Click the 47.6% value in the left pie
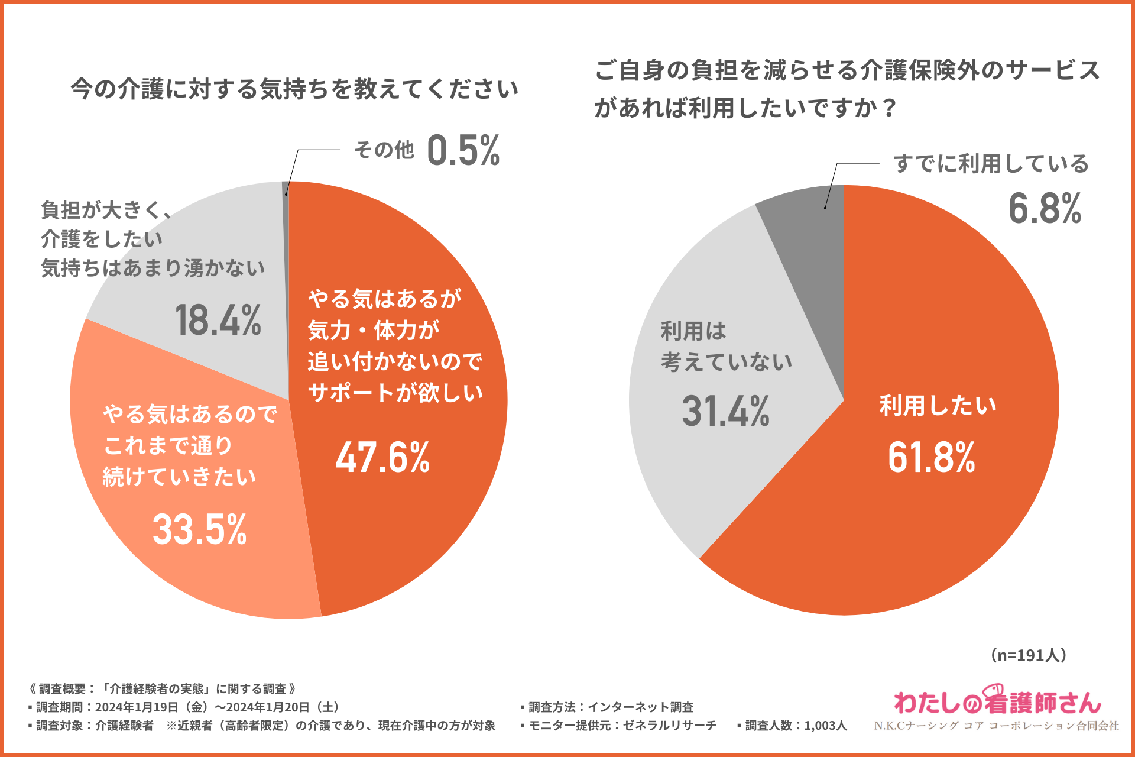pos(382,457)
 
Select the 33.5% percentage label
pos(200,529)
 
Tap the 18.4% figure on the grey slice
pos(218,320)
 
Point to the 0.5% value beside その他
pos(463,150)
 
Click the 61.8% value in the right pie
pos(932,457)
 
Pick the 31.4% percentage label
pos(726,411)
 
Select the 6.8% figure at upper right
pos(1045,208)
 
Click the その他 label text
pos(384,150)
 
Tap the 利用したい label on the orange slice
pos(938,406)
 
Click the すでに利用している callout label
pos(991,164)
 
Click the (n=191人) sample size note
pos(1029,655)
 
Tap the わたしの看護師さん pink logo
pos(998,701)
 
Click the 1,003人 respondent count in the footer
pos(825,725)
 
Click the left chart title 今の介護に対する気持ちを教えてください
pos(294,89)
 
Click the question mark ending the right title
pos(888,109)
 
